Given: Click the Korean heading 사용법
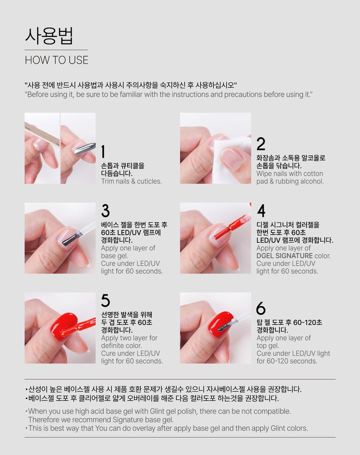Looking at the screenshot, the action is (x=49, y=36).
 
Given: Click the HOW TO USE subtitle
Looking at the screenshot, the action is (x=56, y=60).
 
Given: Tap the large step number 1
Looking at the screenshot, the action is (x=103, y=152).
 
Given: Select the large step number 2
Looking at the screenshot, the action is (x=261, y=144).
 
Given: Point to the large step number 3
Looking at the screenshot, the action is (x=106, y=211).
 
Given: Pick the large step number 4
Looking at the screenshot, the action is (x=261, y=211).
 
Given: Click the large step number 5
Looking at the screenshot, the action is (x=106, y=301).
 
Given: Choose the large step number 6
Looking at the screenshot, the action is (x=261, y=308).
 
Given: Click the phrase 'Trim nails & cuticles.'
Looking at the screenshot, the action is (x=131, y=182).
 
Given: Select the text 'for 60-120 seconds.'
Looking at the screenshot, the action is (x=287, y=361).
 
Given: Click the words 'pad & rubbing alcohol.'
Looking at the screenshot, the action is (x=290, y=182).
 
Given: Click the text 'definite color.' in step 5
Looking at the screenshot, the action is (x=121, y=346).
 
